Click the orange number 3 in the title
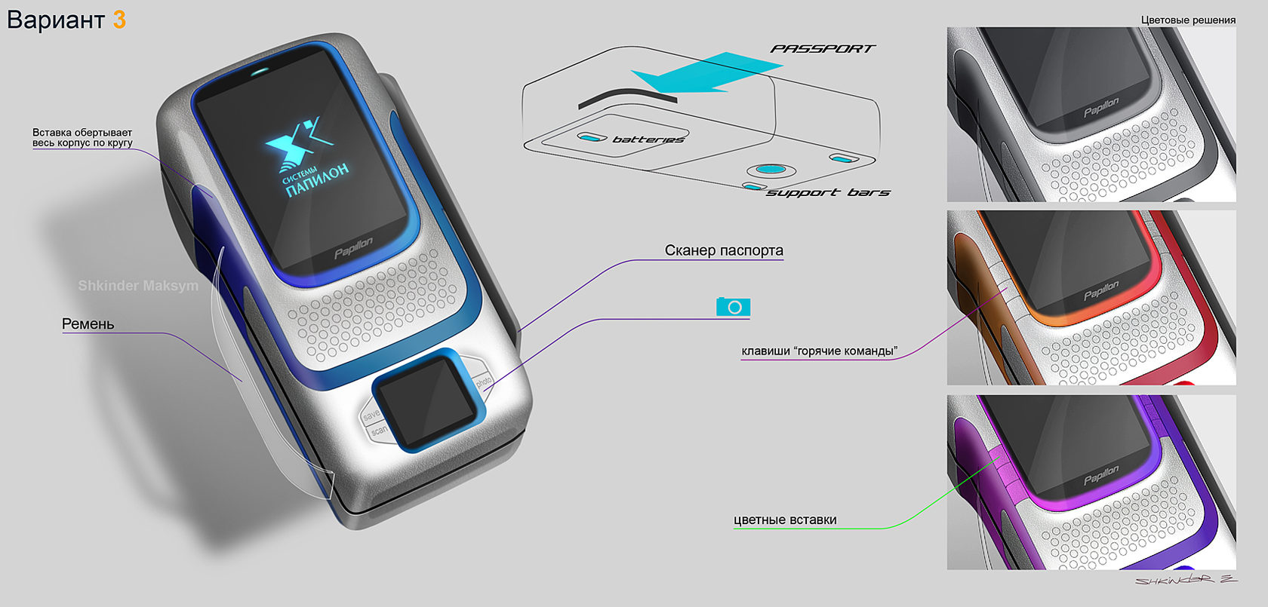pyautogui.click(x=119, y=20)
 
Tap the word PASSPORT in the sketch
pyautogui.click(x=822, y=49)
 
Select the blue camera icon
pyautogui.click(x=733, y=307)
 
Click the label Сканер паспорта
pyautogui.click(x=723, y=250)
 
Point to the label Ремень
pyautogui.click(x=88, y=324)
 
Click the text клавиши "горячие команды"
pyautogui.click(x=819, y=351)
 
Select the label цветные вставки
pyautogui.click(x=785, y=520)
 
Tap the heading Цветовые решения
pyautogui.click(x=1188, y=20)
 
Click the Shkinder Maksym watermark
pyautogui.click(x=138, y=286)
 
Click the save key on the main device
pyautogui.click(x=371, y=415)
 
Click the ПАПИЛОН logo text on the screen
pyautogui.click(x=318, y=180)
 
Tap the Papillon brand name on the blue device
pyautogui.click(x=353, y=247)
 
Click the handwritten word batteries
pyautogui.click(x=648, y=139)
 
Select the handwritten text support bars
pyautogui.click(x=828, y=193)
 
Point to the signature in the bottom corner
pyautogui.click(x=1185, y=580)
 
